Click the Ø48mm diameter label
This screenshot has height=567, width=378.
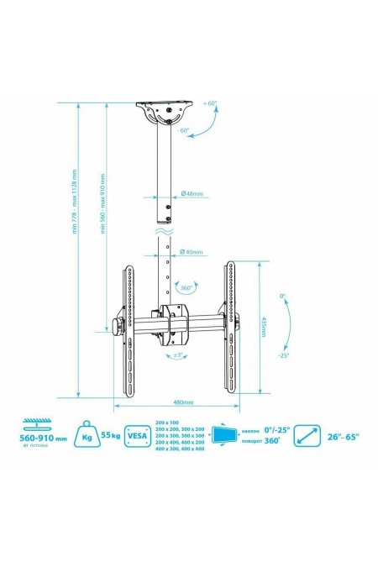click(193, 193)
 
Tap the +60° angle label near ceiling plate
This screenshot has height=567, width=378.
click(210, 103)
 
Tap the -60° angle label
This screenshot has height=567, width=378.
click(183, 131)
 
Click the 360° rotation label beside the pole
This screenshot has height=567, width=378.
click(187, 286)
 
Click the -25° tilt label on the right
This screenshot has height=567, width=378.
click(283, 355)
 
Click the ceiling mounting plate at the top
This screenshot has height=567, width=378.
click(168, 109)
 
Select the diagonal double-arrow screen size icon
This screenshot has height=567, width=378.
click(310, 436)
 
